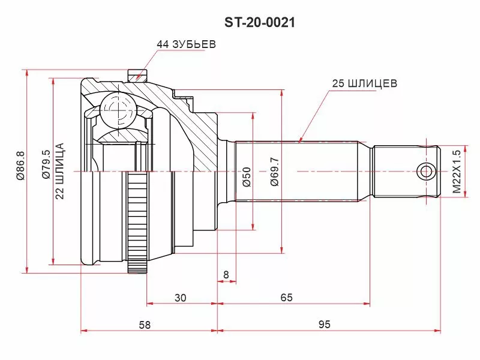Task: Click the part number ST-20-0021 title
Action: coord(260,22)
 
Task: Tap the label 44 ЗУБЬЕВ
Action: coord(187,44)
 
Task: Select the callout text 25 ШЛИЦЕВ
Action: coord(365,83)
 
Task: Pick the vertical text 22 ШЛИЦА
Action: coord(59,171)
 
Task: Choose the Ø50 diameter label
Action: coord(247,177)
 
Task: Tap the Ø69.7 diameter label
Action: coord(275,172)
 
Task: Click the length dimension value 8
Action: coord(226,275)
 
